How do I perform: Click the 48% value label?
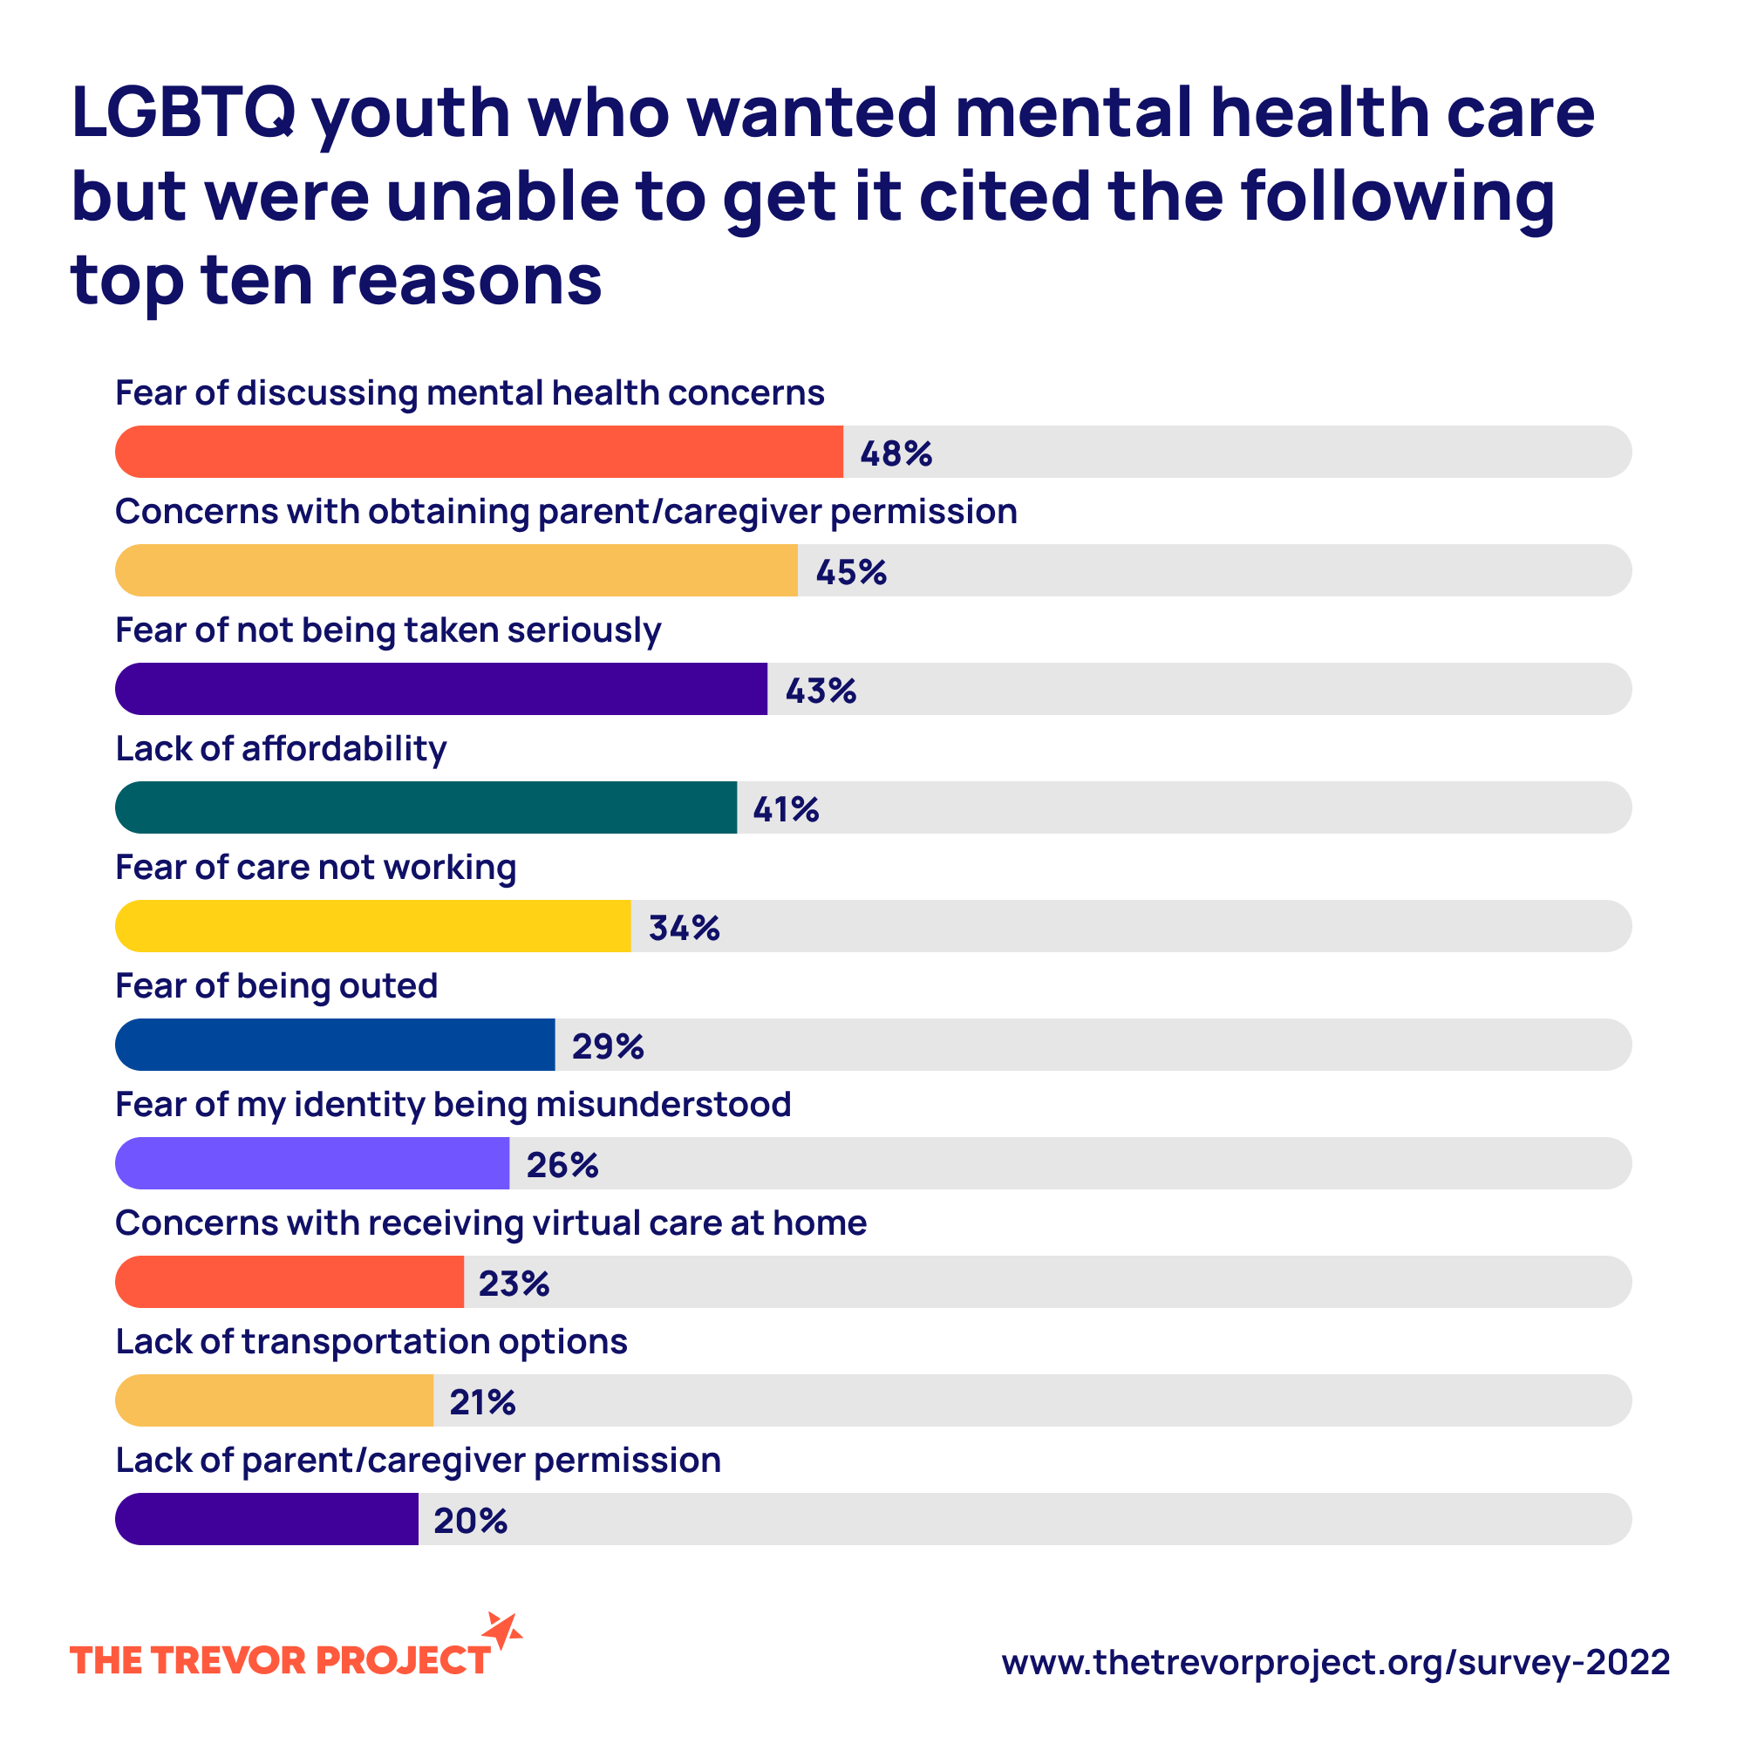[896, 453]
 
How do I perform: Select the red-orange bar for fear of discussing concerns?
[479, 452]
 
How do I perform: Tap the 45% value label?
[851, 572]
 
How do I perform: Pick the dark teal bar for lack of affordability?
[426, 807]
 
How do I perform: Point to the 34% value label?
[685, 928]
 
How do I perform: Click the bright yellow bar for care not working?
[373, 926]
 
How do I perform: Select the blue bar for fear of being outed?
[335, 1045]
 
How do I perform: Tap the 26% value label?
[562, 1165]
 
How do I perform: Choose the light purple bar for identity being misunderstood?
[312, 1162]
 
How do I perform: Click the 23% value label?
[514, 1284]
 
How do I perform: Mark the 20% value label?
[470, 1521]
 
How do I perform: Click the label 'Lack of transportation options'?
[371, 1341]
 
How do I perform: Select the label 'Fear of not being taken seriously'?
[388, 630]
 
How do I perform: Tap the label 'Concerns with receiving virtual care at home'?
[491, 1223]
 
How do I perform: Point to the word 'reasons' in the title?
[466, 279]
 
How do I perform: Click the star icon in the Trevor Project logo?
[502, 1631]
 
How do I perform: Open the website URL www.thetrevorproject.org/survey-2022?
[1335, 1662]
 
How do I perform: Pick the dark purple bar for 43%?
[440, 689]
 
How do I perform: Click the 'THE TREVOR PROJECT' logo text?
[280, 1661]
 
